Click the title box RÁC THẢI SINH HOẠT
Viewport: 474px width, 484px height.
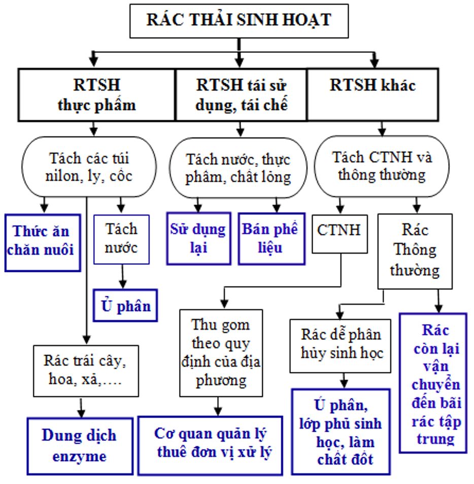(x=239, y=21)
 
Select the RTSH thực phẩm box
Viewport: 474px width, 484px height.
(x=96, y=95)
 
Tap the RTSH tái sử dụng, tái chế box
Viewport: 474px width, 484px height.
(x=241, y=95)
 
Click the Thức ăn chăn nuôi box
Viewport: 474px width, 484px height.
(x=43, y=241)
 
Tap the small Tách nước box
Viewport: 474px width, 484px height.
(x=121, y=239)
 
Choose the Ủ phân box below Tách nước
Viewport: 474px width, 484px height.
(x=125, y=305)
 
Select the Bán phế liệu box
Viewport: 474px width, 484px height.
(x=271, y=238)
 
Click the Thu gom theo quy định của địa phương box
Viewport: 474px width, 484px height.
(x=221, y=353)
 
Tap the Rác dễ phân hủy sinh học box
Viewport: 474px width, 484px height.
(x=341, y=345)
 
